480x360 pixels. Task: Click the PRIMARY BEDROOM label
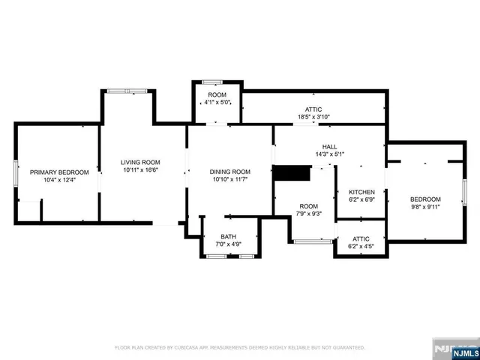59,172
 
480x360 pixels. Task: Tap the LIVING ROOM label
141,162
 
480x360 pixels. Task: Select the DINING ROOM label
229,172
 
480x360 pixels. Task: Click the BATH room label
228,236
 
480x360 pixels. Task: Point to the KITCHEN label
361,192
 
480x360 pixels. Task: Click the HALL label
329,146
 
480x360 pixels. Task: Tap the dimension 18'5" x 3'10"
313,117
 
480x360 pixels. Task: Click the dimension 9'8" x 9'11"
425,207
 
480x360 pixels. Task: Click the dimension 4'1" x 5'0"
218,102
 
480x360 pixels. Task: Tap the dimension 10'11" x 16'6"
141,170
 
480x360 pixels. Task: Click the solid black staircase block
292,173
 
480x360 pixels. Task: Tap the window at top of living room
127,91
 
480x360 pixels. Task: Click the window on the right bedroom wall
465,192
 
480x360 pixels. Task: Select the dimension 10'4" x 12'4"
59,180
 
